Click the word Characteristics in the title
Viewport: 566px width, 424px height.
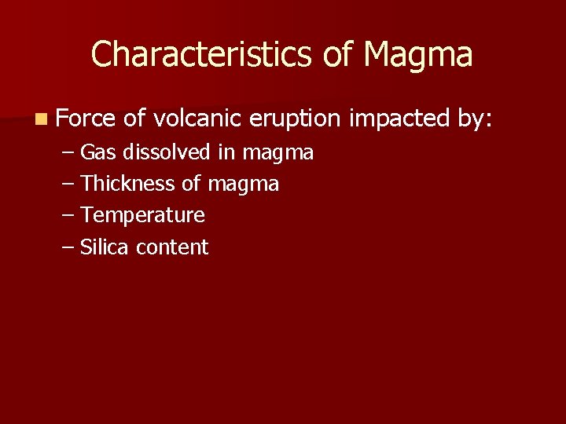(x=202, y=55)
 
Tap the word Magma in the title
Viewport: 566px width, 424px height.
(x=419, y=55)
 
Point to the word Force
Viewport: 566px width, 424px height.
(x=86, y=119)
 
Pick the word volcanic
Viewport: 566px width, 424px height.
(x=197, y=119)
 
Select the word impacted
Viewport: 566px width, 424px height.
(x=399, y=119)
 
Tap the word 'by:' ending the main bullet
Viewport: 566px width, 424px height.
(x=474, y=119)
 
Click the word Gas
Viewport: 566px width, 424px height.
(x=98, y=152)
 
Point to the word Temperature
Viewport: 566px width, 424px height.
(x=142, y=216)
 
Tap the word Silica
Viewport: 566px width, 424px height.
(x=105, y=247)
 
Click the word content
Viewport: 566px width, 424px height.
(x=171, y=248)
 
